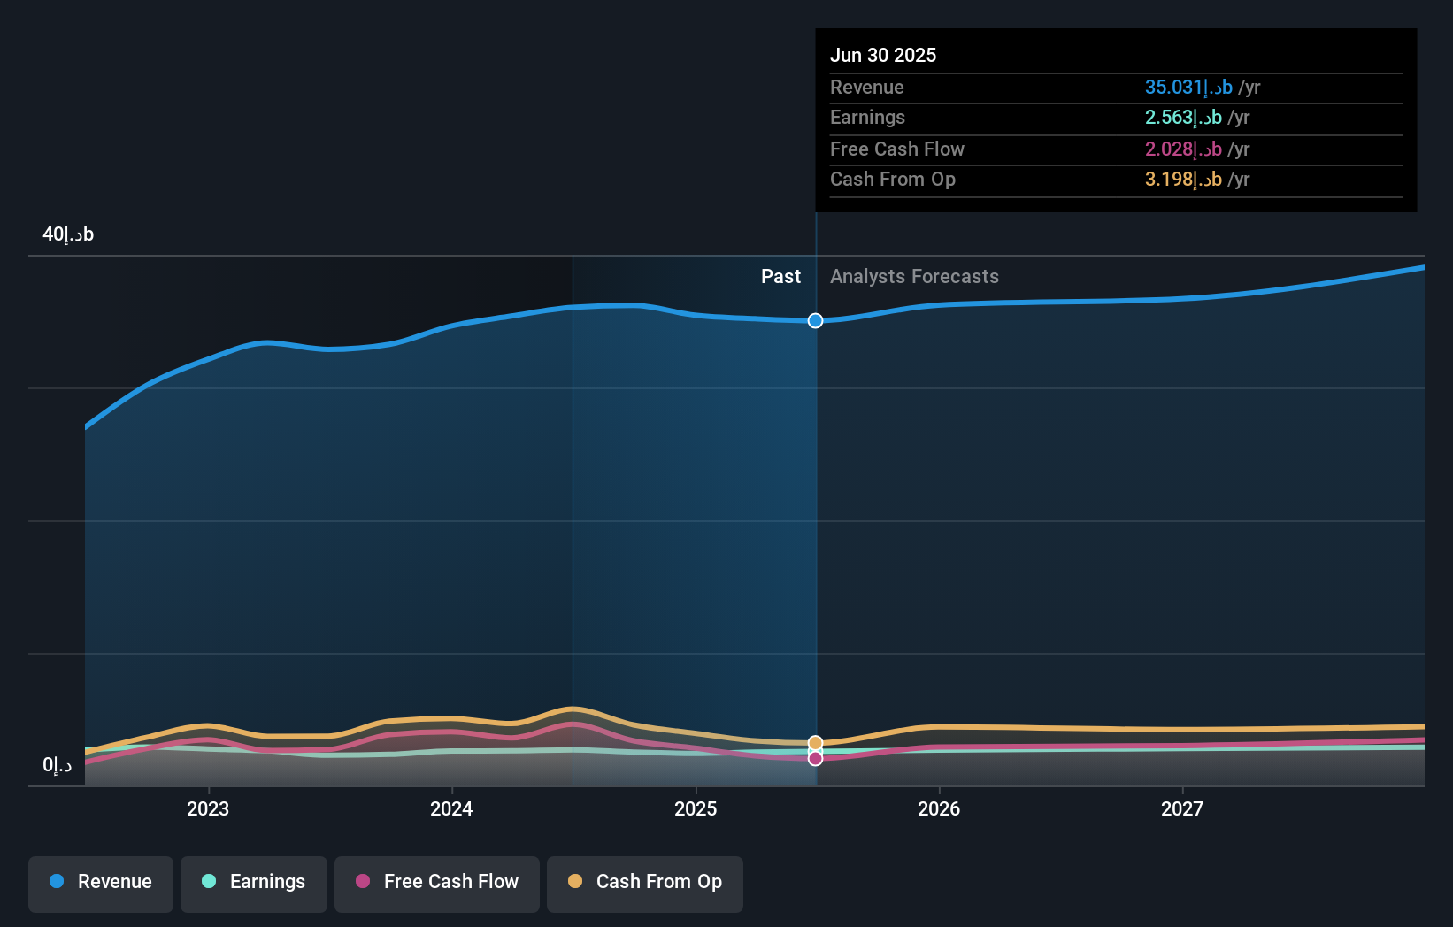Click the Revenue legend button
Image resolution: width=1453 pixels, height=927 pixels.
(x=101, y=882)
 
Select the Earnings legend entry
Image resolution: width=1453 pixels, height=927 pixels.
(x=254, y=882)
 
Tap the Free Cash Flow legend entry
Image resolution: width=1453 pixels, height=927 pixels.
(x=437, y=882)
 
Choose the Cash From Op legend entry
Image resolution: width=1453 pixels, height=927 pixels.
(x=645, y=882)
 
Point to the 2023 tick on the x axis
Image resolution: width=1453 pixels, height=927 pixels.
(x=208, y=808)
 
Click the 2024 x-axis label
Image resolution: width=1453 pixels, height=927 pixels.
(x=451, y=808)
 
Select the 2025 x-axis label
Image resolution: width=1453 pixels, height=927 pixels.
(x=696, y=808)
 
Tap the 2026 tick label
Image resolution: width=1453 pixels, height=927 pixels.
(x=939, y=808)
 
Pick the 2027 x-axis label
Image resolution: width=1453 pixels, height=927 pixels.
(x=1182, y=808)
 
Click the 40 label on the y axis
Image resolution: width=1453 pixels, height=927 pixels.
(x=67, y=234)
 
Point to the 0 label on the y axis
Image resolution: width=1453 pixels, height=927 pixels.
(x=57, y=765)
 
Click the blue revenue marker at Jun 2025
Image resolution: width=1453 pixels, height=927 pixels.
(x=815, y=320)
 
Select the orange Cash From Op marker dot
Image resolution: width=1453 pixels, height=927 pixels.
(x=815, y=743)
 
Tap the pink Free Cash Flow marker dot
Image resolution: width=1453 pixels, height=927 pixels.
(x=815, y=759)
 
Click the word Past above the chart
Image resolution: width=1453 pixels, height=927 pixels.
(x=780, y=277)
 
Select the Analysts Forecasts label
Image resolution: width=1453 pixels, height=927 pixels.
(x=914, y=277)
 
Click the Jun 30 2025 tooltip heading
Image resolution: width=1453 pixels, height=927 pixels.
(x=882, y=55)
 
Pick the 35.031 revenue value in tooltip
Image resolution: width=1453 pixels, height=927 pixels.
(x=1188, y=87)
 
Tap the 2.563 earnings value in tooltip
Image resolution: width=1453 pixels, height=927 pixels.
(x=1182, y=118)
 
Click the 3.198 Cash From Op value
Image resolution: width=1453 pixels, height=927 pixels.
(x=1182, y=180)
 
